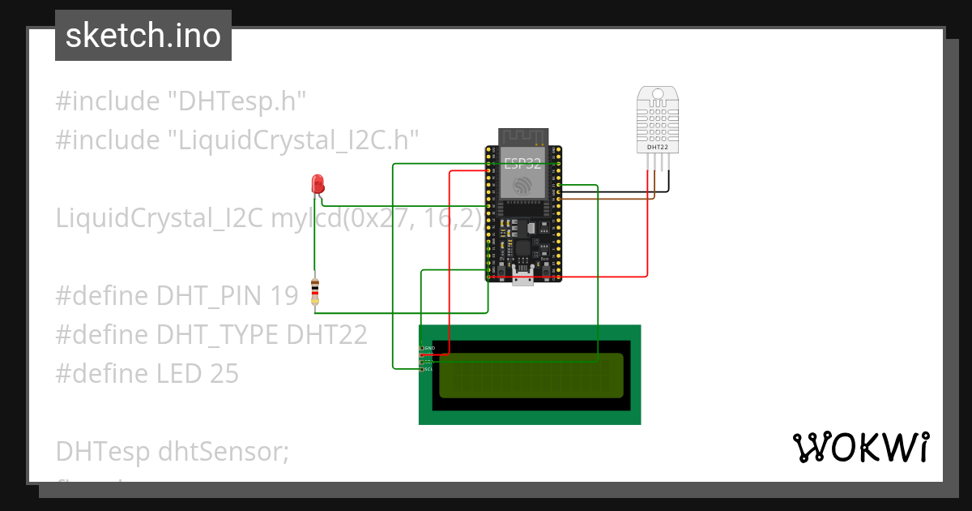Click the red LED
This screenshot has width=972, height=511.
pyautogui.click(x=318, y=182)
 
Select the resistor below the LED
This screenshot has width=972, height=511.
pyautogui.click(x=315, y=291)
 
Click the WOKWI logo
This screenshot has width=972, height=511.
pyautogui.click(x=860, y=448)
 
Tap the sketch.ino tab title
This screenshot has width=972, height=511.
pyautogui.click(x=143, y=36)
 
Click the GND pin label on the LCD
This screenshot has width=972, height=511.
pyautogui.click(x=429, y=348)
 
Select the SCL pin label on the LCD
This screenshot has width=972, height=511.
pyautogui.click(x=428, y=369)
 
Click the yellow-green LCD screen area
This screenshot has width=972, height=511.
pyautogui.click(x=531, y=376)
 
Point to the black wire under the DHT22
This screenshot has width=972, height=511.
pyautogui.click(x=669, y=182)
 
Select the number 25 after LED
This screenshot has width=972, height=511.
pyautogui.click(x=223, y=373)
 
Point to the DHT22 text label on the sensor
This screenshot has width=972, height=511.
pyautogui.click(x=658, y=148)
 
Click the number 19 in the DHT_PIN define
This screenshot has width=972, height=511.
pyautogui.click(x=284, y=296)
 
